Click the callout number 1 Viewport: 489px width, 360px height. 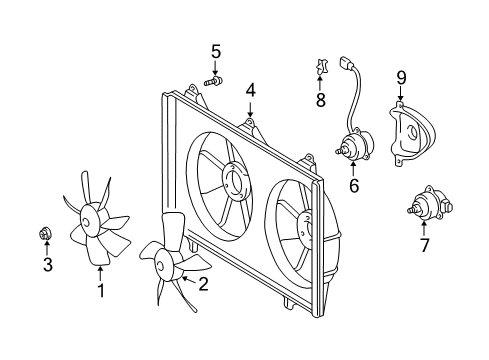coord(100,291)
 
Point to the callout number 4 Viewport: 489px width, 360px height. coord(250,90)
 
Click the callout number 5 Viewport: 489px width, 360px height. coord(215,51)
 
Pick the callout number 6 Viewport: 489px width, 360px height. coord(353,184)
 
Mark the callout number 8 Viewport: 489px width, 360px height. coord(321,100)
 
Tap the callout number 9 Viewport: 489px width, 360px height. coord(401,76)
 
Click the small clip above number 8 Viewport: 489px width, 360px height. coord(321,68)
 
